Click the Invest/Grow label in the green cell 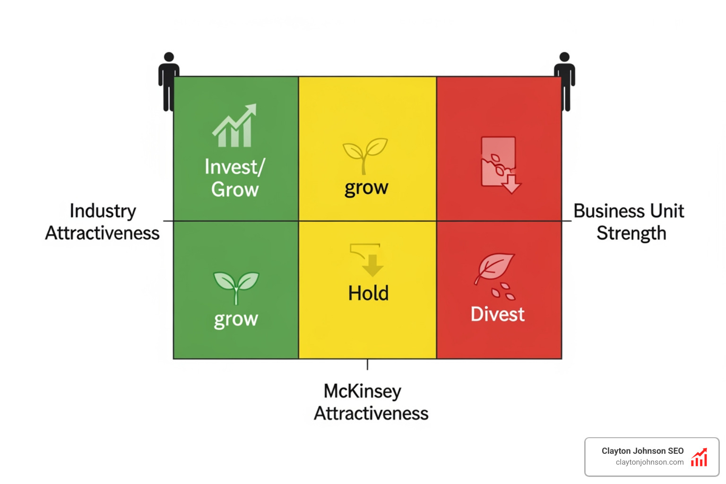pyautogui.click(x=235, y=178)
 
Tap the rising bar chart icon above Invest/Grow pyautogui.click(x=234, y=126)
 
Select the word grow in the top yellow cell pyautogui.click(x=366, y=188)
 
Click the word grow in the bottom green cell pyautogui.click(x=236, y=320)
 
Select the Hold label pyautogui.click(x=368, y=293)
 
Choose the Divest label pyautogui.click(x=497, y=314)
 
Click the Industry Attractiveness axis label pyautogui.click(x=103, y=222)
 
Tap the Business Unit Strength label pyautogui.click(x=629, y=222)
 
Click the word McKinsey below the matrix pyautogui.click(x=362, y=391)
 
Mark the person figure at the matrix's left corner pyautogui.click(x=168, y=81)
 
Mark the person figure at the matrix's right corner pyautogui.click(x=564, y=81)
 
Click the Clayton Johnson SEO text pyautogui.click(x=642, y=451)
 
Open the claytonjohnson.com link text pyautogui.click(x=649, y=462)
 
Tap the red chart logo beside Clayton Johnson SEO pyautogui.click(x=699, y=458)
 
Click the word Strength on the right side pyautogui.click(x=631, y=233)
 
